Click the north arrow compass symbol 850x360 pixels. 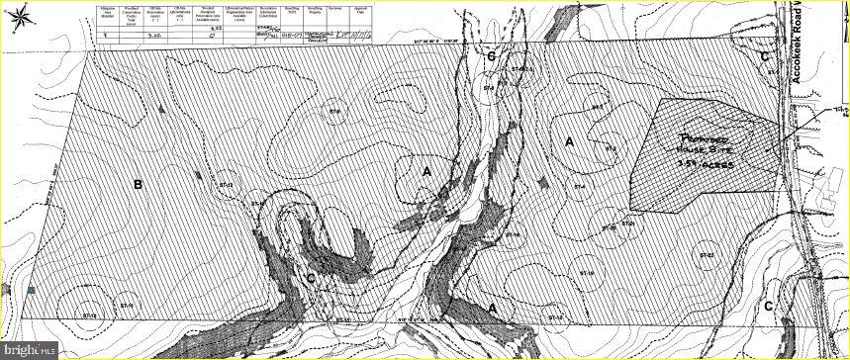coord(23,16)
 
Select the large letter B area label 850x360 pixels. coord(139,184)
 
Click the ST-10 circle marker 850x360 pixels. coord(342,319)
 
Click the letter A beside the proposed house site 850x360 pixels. coord(570,142)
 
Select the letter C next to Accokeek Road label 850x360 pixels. coord(765,57)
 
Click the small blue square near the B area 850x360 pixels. coord(32,290)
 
